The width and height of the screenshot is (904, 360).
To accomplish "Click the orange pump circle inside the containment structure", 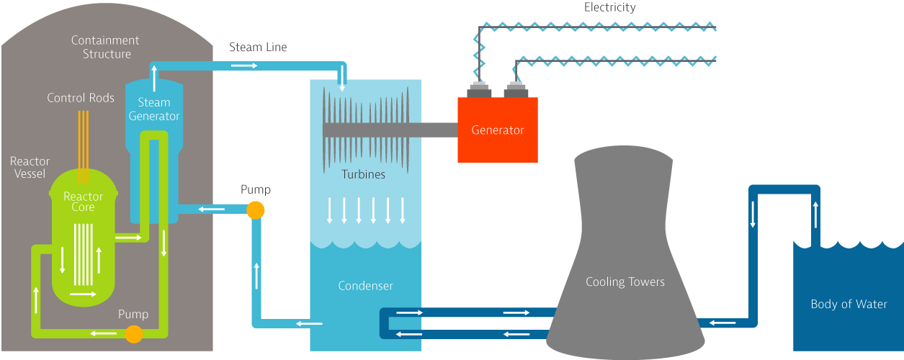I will point(133,333).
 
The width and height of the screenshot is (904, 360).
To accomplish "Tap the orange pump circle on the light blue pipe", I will point(255,210).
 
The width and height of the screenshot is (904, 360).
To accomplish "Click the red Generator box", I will point(498,130).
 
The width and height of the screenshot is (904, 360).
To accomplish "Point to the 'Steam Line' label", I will point(258,48).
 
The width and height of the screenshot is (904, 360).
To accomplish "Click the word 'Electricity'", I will point(609,8).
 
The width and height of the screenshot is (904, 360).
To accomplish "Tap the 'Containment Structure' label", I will point(106,48).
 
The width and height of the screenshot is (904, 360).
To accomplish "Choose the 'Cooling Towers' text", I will point(625,282).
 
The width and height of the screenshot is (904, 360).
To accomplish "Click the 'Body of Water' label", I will point(849,304).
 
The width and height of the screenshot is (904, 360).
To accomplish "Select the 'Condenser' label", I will point(365,286).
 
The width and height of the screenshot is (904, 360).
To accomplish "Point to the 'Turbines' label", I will point(363,174).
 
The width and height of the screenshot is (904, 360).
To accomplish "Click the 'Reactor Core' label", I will point(84,202).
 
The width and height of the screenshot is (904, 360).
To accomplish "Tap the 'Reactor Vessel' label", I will point(30,167).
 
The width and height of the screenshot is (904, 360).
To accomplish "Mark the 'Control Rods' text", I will point(81,98).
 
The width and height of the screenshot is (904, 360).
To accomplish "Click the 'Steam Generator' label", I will point(154,109).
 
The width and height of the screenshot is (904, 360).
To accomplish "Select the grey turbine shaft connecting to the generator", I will point(432,130).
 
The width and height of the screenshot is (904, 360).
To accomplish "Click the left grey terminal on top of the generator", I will point(479,90).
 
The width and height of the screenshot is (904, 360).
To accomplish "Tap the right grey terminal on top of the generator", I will point(516,90).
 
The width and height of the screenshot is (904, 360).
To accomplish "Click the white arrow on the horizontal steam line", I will point(244,66).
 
